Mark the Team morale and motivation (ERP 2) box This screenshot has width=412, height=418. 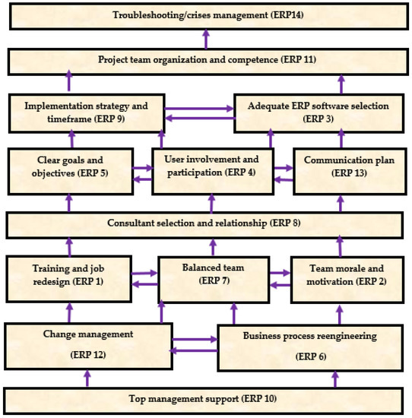point(346,274)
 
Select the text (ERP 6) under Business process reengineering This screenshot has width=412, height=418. point(312,356)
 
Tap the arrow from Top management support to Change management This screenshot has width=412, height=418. point(88,378)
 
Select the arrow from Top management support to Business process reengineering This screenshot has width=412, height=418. point(335,378)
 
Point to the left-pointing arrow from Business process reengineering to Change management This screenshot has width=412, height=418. point(194,350)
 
